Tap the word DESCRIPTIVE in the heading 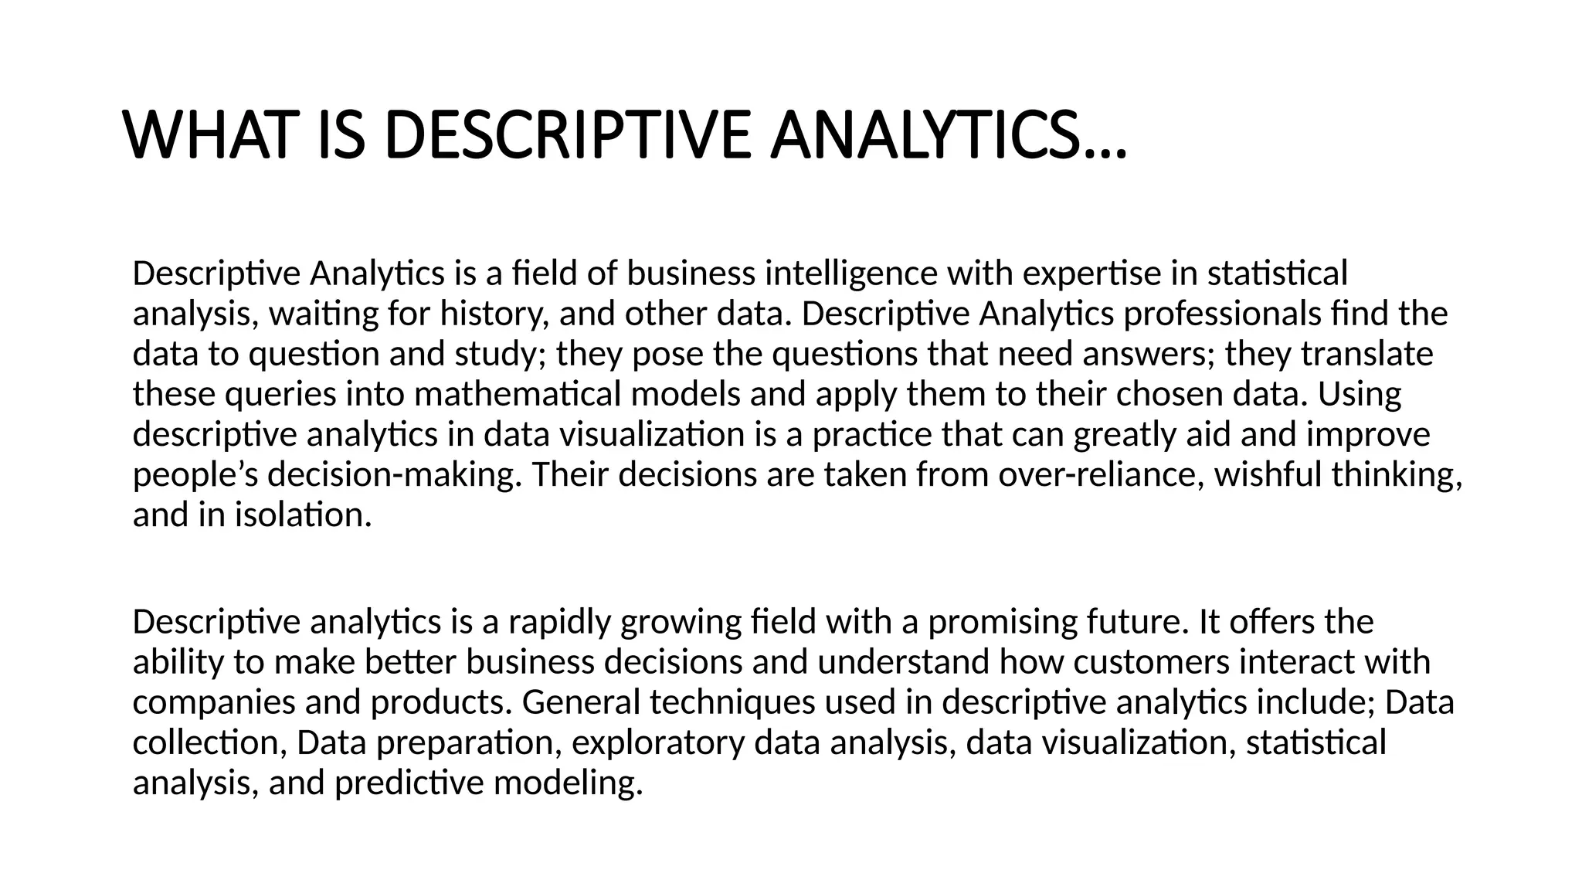pyautogui.click(x=566, y=136)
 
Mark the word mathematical pyautogui.click(x=518, y=395)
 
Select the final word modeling pyautogui.click(x=568, y=783)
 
